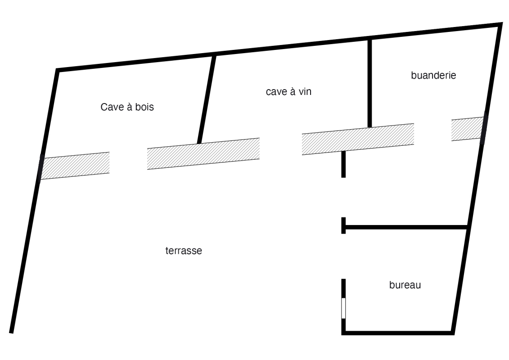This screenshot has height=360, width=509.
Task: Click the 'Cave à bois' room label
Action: (x=128, y=108)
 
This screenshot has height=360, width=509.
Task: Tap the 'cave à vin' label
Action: (x=288, y=92)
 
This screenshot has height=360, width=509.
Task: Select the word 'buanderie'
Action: (x=433, y=75)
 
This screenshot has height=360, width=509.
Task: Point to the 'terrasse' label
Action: (x=184, y=251)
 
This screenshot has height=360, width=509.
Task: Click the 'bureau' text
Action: (x=405, y=285)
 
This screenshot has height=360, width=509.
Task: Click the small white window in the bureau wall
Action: (x=343, y=308)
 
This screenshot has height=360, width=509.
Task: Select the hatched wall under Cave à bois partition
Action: (x=203, y=153)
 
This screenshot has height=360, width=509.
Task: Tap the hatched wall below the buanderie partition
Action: (x=358, y=139)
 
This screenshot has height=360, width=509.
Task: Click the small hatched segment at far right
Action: (x=468, y=129)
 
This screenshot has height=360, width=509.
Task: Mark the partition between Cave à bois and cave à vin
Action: (x=206, y=99)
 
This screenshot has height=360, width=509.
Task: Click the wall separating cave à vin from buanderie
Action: (x=369, y=83)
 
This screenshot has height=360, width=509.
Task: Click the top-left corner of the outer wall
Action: (x=58, y=71)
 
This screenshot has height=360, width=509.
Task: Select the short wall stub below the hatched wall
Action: (x=343, y=164)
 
